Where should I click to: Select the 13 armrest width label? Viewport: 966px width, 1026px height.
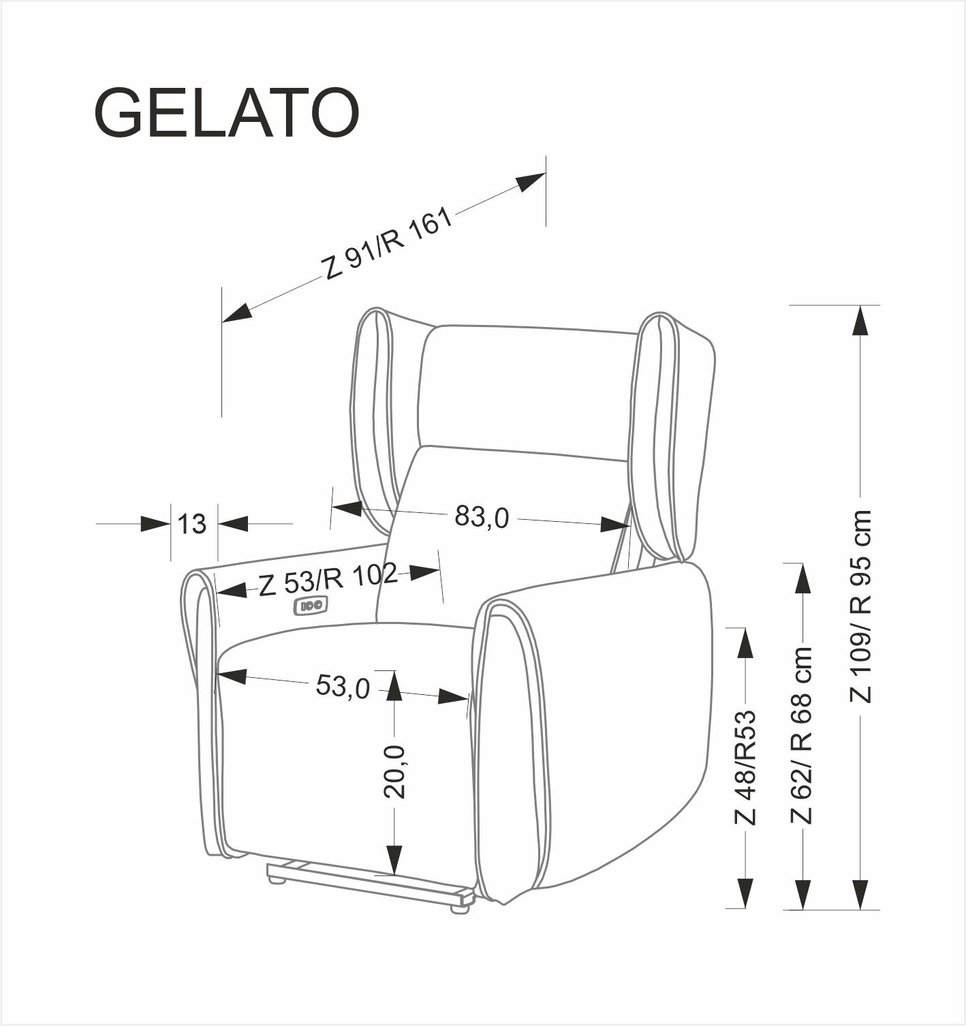(x=193, y=524)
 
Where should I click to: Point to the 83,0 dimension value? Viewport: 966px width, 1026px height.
(x=482, y=517)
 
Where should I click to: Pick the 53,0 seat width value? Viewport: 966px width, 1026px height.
(x=343, y=686)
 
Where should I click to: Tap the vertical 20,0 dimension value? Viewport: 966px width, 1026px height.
(x=394, y=772)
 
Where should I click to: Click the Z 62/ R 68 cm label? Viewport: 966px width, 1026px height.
(x=803, y=736)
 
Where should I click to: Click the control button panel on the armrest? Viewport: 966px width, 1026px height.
(x=311, y=604)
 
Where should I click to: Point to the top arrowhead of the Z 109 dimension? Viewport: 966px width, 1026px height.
(x=861, y=321)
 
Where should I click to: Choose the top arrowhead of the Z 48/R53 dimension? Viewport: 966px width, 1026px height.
(x=746, y=644)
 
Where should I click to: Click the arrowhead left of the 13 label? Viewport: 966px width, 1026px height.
(x=155, y=524)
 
